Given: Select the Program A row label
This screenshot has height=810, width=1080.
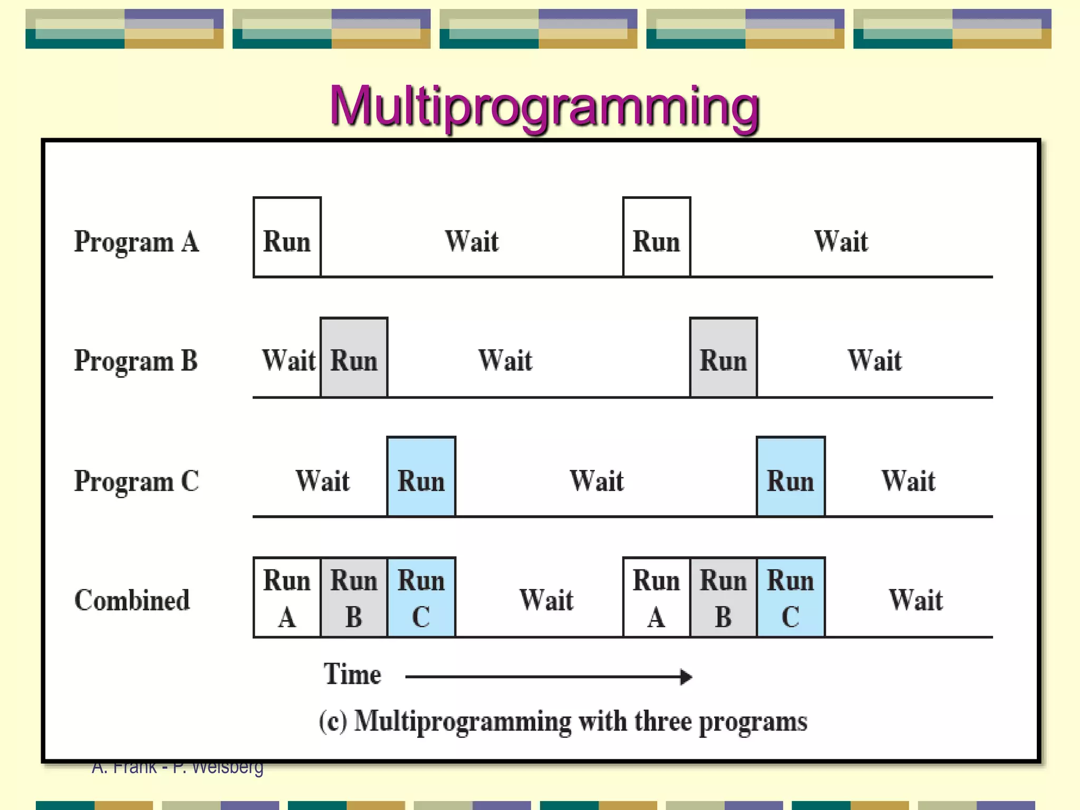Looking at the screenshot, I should (x=137, y=242).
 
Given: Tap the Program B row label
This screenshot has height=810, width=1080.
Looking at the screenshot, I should (x=136, y=361).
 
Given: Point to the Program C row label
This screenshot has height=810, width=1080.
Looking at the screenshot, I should (x=137, y=481).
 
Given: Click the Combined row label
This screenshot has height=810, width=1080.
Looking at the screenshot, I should (x=132, y=600).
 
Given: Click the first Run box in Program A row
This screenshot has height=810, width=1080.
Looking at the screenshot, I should (x=287, y=237).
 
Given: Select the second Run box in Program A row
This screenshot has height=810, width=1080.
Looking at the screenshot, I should (x=657, y=237).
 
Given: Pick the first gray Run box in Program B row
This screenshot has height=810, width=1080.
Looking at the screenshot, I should (x=354, y=358).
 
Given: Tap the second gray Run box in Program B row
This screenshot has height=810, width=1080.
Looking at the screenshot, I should (x=724, y=358).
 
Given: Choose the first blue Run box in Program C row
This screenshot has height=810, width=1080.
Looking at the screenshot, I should (x=421, y=477).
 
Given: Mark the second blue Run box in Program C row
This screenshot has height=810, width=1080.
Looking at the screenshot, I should (x=790, y=477).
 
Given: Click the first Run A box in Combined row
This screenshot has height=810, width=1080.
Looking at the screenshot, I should (x=287, y=597).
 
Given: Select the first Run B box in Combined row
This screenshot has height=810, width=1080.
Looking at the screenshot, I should (x=354, y=597).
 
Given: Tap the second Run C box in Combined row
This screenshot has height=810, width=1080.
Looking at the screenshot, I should (x=790, y=597).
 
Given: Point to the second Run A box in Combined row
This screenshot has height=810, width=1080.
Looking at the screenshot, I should (x=657, y=597).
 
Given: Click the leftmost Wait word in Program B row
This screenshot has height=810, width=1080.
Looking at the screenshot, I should (x=289, y=361).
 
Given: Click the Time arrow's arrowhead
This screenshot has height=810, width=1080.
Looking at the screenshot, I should (x=686, y=677).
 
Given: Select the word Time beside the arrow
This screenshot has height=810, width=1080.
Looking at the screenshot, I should (x=352, y=674).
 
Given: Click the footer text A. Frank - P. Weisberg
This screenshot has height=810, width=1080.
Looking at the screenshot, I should (x=177, y=768).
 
